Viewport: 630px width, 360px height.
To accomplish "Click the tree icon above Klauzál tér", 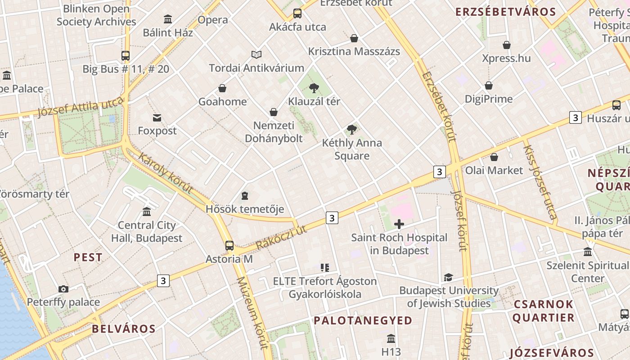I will [314, 88].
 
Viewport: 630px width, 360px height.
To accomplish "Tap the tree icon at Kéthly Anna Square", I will [352, 130].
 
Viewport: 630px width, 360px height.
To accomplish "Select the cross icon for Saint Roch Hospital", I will [399, 224].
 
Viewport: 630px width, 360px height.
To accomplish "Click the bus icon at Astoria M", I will [229, 246].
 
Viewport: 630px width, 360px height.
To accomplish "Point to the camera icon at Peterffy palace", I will [63, 289].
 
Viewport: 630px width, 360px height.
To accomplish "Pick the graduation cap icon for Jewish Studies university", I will [448, 277].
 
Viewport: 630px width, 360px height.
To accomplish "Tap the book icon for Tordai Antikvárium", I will [256, 55].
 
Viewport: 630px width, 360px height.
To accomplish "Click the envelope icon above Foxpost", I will [157, 118].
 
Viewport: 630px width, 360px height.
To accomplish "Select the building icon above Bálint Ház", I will [168, 19].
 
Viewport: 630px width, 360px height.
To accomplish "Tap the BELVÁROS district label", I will [124, 329].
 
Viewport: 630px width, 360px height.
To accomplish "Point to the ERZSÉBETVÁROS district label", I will [506, 12].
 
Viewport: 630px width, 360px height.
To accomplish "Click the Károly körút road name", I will [166, 173].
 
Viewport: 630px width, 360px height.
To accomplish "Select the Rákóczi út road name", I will [281, 238].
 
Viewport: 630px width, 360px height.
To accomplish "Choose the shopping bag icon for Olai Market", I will [494, 157].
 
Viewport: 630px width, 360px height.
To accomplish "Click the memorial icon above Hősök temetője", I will [244, 196].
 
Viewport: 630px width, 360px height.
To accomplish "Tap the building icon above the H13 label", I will [391, 338].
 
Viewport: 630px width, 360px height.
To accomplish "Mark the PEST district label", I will [88, 258].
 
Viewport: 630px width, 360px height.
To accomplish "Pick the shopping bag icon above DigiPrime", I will [489, 85].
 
